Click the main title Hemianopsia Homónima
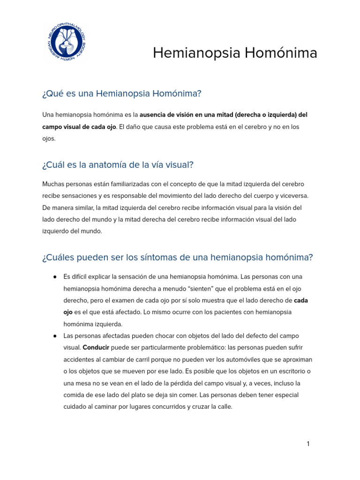click(235, 53)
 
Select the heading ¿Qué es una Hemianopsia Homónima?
click(121, 94)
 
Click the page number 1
click(308, 444)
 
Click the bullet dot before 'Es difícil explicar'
click(55, 277)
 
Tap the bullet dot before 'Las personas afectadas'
click(55, 336)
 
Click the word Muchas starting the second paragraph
click(54, 184)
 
